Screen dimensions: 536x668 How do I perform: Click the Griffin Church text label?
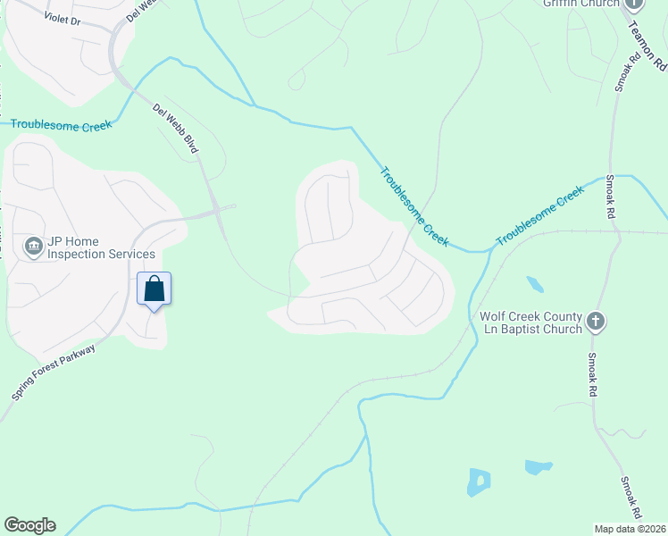pyautogui.click(x=581, y=4)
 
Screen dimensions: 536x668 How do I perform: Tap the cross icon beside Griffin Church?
pyautogui.click(x=635, y=4)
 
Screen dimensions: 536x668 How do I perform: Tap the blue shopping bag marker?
pyautogui.click(x=154, y=289)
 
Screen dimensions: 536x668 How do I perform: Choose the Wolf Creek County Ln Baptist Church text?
pyautogui.click(x=531, y=322)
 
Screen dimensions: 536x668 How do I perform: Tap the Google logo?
pyautogui.click(x=29, y=525)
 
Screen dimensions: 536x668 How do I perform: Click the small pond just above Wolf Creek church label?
pyautogui.click(x=534, y=285)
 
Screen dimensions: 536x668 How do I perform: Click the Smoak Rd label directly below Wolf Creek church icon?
pyautogui.click(x=592, y=375)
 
